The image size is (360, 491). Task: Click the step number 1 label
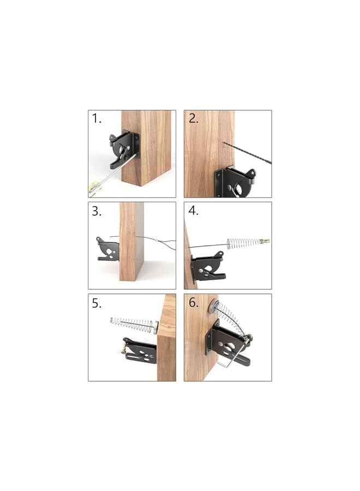97,119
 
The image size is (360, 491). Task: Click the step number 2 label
193,119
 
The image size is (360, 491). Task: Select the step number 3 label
97,211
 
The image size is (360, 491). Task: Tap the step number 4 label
193,211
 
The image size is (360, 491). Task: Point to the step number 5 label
97,303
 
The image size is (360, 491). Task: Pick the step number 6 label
193,303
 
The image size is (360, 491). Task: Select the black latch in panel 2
235,183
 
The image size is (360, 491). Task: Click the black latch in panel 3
109,249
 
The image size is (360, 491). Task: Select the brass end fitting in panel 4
265,241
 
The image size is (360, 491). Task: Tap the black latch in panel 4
208,267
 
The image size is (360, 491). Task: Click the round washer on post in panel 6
213,306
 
